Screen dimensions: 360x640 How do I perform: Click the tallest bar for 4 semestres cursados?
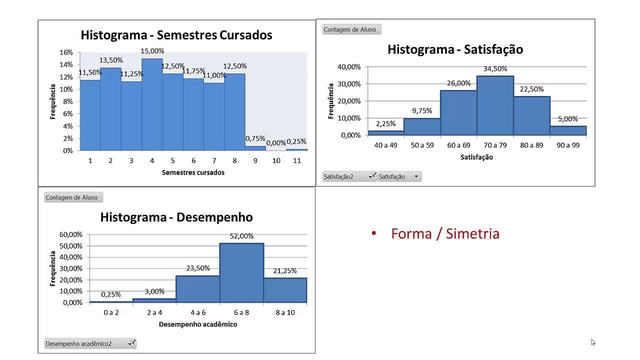click(152, 105)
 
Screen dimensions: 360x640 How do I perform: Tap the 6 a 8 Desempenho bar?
click(241, 273)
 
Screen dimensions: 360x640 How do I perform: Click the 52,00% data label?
click(241, 236)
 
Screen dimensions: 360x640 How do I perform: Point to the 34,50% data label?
click(495, 69)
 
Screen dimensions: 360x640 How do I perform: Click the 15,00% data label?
click(152, 51)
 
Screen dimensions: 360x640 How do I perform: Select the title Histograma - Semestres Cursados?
click(176, 35)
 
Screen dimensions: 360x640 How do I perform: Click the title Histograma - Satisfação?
click(455, 49)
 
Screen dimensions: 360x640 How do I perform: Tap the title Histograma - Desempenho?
click(176, 217)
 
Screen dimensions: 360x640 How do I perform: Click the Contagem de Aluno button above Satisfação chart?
click(349, 29)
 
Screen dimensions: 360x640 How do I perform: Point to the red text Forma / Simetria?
click(445, 233)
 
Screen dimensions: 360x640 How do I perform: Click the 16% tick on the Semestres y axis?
click(66, 52)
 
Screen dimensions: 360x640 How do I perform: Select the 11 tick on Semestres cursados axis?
click(297, 160)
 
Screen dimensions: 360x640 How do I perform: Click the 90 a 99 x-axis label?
click(568, 145)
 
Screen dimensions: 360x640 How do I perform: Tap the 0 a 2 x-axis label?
click(111, 312)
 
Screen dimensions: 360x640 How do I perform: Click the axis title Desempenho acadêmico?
click(198, 324)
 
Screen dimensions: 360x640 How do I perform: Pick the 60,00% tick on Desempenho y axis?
click(71, 234)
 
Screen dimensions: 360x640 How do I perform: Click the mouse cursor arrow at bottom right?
click(593, 342)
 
